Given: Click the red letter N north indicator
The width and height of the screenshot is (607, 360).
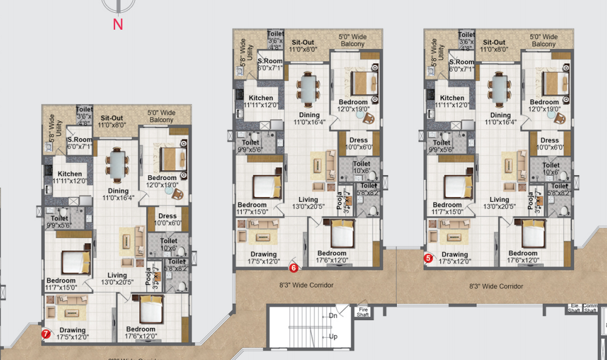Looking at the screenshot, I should (x=118, y=24).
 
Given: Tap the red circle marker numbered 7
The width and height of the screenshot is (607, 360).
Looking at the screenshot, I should (x=45, y=332).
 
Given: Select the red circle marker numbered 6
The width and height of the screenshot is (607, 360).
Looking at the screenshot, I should (x=293, y=267).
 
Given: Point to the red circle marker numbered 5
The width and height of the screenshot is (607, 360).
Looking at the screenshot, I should (x=428, y=258).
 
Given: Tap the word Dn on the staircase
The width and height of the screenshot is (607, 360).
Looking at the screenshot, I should (x=333, y=316).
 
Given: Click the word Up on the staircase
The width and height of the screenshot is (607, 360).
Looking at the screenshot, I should (x=333, y=336).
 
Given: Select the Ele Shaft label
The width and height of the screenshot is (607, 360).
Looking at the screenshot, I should (x=573, y=308).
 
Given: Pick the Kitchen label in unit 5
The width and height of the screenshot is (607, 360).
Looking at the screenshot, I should (x=452, y=98).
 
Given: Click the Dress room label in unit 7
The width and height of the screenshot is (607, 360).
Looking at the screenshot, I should (x=167, y=216).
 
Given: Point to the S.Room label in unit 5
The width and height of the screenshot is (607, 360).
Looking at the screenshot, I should (x=461, y=62).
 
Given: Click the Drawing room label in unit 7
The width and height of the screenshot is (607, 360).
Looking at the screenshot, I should (x=73, y=330).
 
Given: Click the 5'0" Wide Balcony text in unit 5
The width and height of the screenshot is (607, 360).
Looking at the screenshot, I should (x=543, y=41).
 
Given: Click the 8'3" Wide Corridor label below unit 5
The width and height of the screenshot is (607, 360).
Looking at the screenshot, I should (x=496, y=286).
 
